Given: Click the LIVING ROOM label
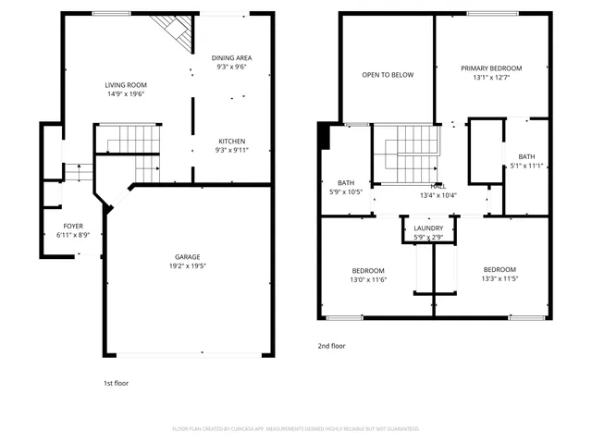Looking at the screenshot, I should [x=124, y=84].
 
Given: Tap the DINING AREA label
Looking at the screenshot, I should [x=232, y=57].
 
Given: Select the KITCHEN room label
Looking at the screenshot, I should [x=231, y=141].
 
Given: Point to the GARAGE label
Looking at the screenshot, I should [x=188, y=257].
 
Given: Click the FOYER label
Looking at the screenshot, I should [x=73, y=226].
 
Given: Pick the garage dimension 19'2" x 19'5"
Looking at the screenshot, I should [x=188, y=266].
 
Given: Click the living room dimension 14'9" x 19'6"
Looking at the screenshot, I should [x=124, y=93].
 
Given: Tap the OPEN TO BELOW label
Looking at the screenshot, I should [x=388, y=75].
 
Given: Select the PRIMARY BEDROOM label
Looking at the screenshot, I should [x=491, y=68].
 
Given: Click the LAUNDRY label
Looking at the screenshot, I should [x=428, y=228].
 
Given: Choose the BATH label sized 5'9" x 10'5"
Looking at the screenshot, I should [x=346, y=182].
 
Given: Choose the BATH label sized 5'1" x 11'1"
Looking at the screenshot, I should [x=526, y=156].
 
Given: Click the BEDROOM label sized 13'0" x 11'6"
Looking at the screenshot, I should [x=367, y=270].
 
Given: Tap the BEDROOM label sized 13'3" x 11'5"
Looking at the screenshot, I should [x=499, y=270].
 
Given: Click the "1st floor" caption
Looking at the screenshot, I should [x=116, y=382].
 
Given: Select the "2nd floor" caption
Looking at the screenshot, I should [x=331, y=345].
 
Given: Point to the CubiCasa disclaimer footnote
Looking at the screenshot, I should [x=296, y=428].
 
